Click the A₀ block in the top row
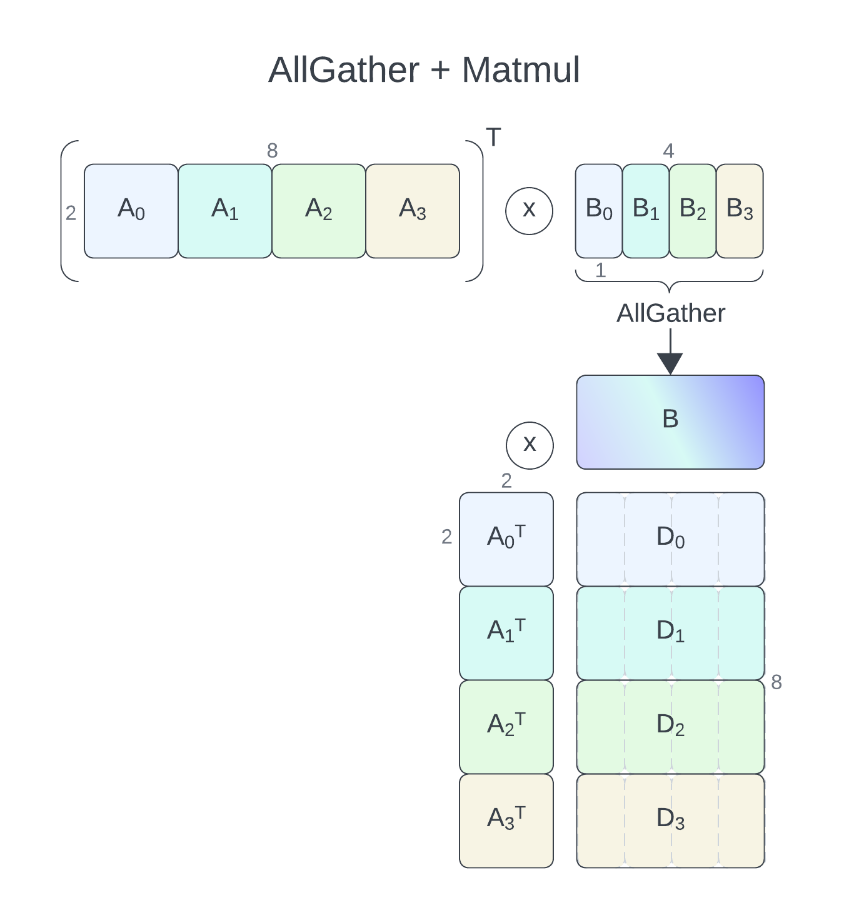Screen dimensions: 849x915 point(131,211)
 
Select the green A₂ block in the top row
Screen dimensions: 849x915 point(319,211)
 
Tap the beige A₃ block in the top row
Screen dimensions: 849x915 point(413,211)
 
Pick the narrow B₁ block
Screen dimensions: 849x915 point(646,211)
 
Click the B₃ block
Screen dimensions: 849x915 point(740,211)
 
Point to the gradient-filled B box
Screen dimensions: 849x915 point(670,422)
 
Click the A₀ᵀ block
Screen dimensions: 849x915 point(506,540)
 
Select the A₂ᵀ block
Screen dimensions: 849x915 point(506,727)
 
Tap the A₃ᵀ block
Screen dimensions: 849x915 point(506,821)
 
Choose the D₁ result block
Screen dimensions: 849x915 point(670,633)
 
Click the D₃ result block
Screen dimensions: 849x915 point(670,821)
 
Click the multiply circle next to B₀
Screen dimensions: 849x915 point(529,211)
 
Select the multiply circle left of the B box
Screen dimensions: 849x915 point(530,445)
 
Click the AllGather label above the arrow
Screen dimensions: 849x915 point(671,313)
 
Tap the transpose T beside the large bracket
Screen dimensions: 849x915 point(493,137)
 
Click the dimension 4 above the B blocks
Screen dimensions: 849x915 point(668,151)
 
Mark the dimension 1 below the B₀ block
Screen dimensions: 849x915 point(600,270)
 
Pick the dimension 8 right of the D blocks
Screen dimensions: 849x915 point(776,682)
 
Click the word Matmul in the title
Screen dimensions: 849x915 point(521,70)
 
